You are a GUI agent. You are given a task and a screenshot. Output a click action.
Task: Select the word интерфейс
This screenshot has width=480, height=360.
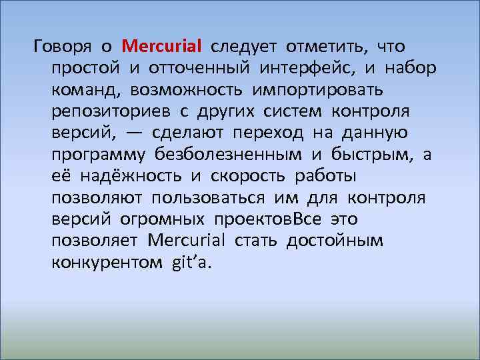(306, 69)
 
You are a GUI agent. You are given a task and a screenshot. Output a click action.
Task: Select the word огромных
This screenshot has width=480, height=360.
(163, 219)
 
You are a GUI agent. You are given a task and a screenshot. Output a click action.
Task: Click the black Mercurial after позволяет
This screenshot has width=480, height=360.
(187, 240)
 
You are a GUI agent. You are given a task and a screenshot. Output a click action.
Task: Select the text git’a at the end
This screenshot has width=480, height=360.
(191, 262)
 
